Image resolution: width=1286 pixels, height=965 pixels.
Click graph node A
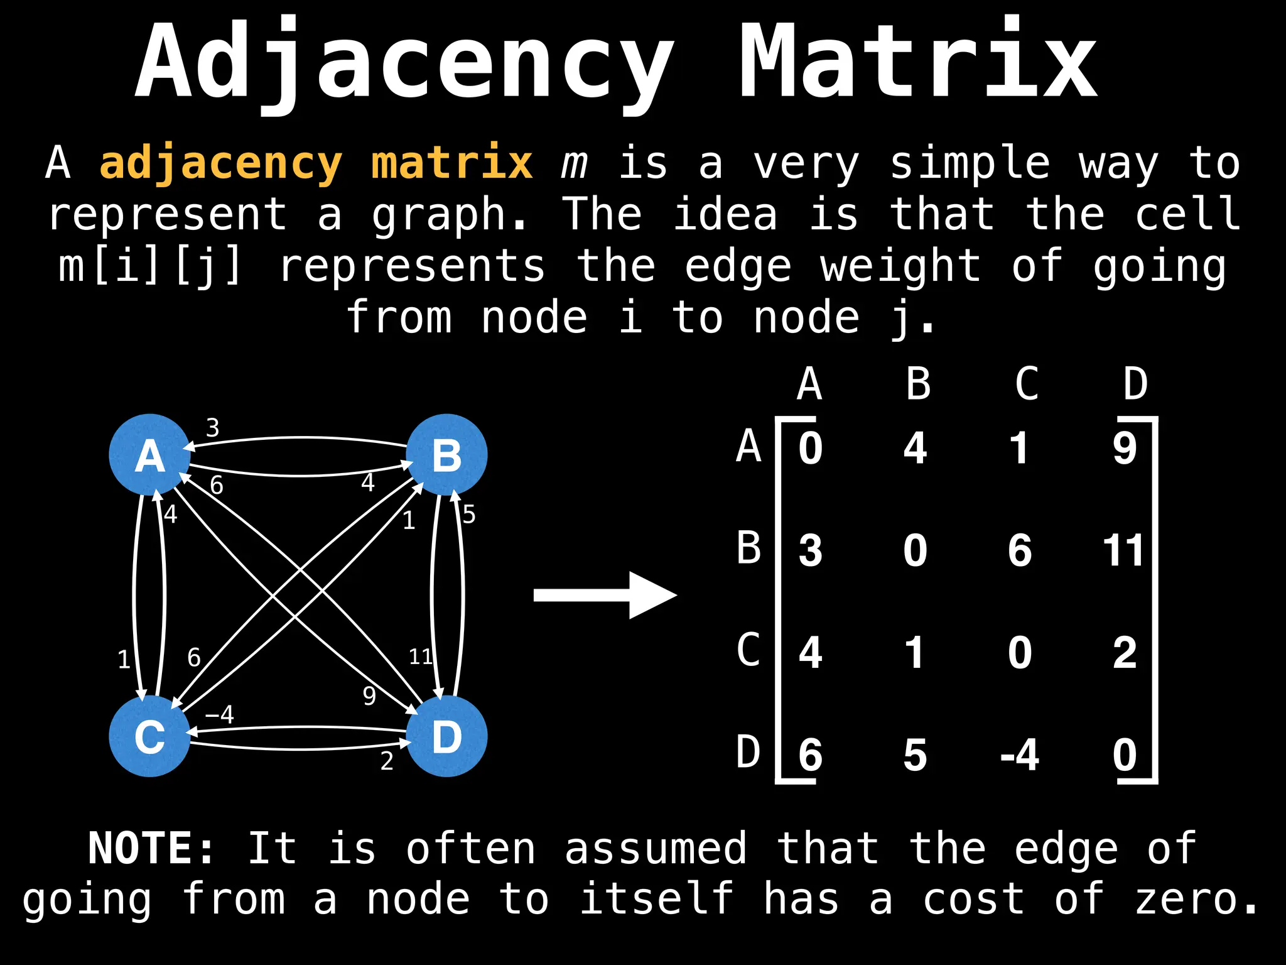click(x=149, y=454)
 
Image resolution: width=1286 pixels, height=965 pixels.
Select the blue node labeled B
click(x=446, y=454)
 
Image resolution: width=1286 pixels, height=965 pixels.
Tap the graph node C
click(x=149, y=736)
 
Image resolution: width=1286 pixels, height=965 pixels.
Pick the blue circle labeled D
click(x=446, y=736)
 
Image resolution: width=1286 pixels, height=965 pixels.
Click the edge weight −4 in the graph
click(x=220, y=714)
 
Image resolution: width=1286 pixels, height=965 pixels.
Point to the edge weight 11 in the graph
click(x=420, y=657)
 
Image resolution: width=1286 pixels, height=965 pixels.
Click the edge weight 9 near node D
click(x=369, y=695)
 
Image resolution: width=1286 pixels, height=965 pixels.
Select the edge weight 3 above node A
click(x=213, y=428)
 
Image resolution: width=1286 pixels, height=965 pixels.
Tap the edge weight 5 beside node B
click(x=468, y=515)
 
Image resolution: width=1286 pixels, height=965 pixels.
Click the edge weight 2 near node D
click(x=387, y=761)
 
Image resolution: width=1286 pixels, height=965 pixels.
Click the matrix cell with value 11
click(x=1124, y=550)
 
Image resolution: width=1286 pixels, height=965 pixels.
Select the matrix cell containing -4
click(x=1019, y=755)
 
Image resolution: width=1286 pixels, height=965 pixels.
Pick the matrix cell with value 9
click(x=1125, y=449)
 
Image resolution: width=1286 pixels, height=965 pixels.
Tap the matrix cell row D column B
click(x=915, y=755)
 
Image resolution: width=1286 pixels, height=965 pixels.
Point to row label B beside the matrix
click(x=748, y=548)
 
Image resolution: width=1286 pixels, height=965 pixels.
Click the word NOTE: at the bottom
click(x=151, y=849)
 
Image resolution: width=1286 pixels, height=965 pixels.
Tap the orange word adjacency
click(x=221, y=163)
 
